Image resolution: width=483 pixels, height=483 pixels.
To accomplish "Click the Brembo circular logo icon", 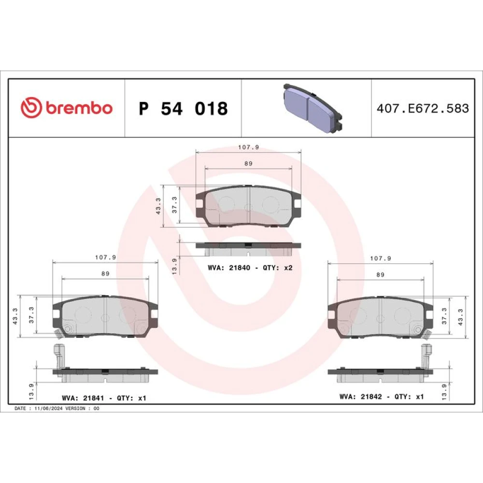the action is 31,108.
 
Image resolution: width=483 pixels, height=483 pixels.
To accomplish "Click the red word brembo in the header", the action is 79,108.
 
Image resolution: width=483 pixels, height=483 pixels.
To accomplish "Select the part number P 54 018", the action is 183,108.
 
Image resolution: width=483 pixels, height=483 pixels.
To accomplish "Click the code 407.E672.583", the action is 423,108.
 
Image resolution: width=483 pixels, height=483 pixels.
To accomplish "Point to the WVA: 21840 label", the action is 229,268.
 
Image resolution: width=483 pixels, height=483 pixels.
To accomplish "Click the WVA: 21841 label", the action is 83,398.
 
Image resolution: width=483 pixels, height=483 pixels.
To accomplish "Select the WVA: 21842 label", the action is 361,397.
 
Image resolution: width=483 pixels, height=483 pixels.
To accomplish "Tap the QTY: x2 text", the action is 278,268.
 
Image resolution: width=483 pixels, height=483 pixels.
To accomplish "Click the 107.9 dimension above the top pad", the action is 249,147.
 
